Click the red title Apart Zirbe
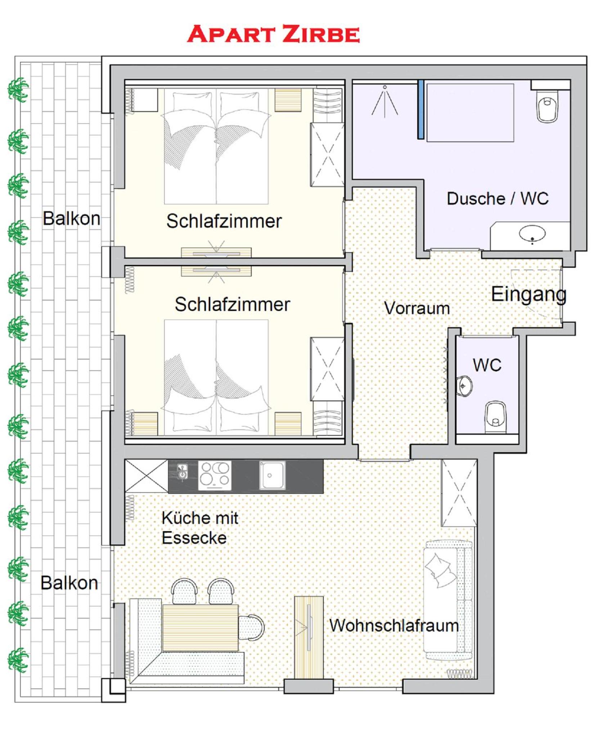(x=273, y=34)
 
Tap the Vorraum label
(x=417, y=308)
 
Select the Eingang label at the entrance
(x=529, y=295)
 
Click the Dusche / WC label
(x=498, y=198)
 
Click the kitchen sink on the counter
(x=272, y=475)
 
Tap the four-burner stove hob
(x=215, y=475)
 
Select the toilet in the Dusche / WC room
(x=547, y=106)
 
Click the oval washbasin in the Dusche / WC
(x=532, y=234)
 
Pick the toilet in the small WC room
(x=495, y=417)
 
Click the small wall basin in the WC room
(x=464, y=386)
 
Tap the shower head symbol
(x=385, y=102)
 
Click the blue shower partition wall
(x=421, y=109)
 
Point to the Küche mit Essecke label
(x=200, y=528)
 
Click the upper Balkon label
(x=71, y=218)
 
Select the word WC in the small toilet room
(x=487, y=365)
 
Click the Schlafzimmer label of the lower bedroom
(x=232, y=304)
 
